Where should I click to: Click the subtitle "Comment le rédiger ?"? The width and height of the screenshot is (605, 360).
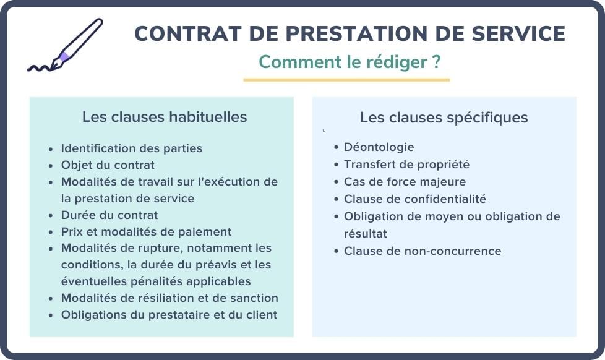[x=350, y=62]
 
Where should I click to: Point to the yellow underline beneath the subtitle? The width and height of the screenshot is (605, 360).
[x=346, y=79]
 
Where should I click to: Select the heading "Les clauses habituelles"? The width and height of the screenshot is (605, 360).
[x=165, y=117]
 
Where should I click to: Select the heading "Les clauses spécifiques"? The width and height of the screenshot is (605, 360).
[x=444, y=118]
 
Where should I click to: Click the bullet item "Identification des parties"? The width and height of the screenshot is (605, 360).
[x=131, y=148]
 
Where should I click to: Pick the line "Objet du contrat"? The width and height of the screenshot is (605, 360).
[x=108, y=165]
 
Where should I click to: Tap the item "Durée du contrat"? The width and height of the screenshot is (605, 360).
[x=109, y=215]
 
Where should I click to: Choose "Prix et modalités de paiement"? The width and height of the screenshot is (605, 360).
[x=146, y=232]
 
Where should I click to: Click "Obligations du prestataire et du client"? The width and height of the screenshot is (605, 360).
[x=169, y=315]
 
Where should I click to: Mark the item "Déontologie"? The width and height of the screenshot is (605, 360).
[x=379, y=147]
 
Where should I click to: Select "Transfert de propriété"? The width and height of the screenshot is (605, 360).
[x=406, y=165]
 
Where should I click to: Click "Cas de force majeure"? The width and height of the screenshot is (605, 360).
[x=405, y=182]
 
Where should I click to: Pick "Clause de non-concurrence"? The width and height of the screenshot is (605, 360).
[x=423, y=251]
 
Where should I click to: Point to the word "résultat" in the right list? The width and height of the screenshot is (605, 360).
[x=365, y=234]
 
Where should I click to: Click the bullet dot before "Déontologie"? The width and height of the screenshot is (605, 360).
[x=336, y=147]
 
